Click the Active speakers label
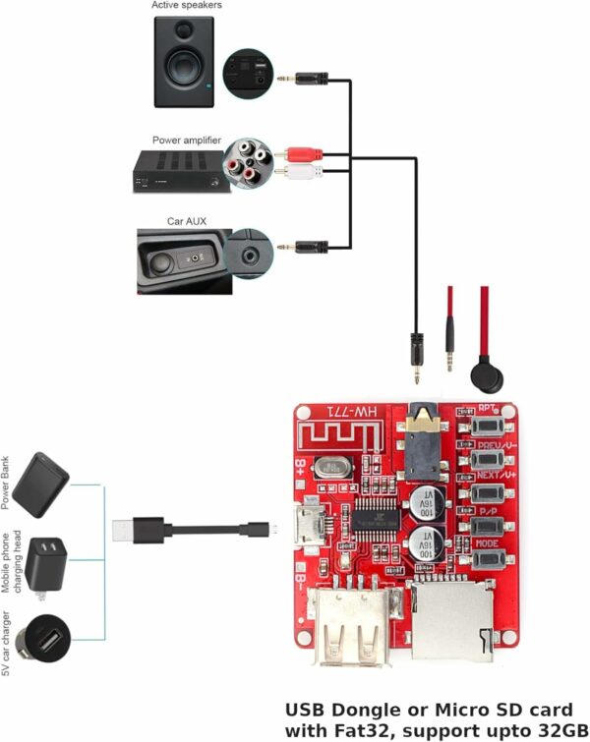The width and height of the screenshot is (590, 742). pyautogui.click(x=187, y=6)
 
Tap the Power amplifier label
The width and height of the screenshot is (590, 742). pyautogui.click(x=187, y=139)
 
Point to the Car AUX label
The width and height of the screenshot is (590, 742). pyautogui.click(x=186, y=222)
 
